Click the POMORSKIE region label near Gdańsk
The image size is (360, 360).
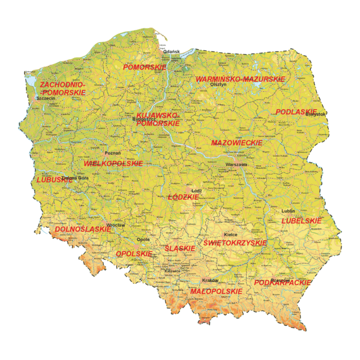(x=144, y=67)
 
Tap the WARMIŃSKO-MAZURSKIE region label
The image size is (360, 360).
(x=240, y=79)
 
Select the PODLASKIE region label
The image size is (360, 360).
(x=296, y=112)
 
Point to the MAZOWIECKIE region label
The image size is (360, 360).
(x=237, y=143)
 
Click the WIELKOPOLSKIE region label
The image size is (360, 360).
(x=113, y=163)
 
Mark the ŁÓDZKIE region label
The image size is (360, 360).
(x=183, y=196)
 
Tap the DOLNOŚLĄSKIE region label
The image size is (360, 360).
(x=83, y=229)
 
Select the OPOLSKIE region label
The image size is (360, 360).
(x=133, y=254)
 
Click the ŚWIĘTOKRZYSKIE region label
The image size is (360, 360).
(x=235, y=242)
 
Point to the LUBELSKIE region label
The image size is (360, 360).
(x=302, y=221)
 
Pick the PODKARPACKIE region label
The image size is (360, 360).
(x=283, y=282)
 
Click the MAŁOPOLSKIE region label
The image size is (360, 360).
(x=216, y=291)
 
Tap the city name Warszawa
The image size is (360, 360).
(x=236, y=164)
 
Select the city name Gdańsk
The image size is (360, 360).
(x=171, y=52)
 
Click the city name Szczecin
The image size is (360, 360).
(x=46, y=98)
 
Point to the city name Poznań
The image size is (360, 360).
(x=113, y=153)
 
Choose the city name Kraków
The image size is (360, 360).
(x=209, y=280)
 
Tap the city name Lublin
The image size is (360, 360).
(x=288, y=211)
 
